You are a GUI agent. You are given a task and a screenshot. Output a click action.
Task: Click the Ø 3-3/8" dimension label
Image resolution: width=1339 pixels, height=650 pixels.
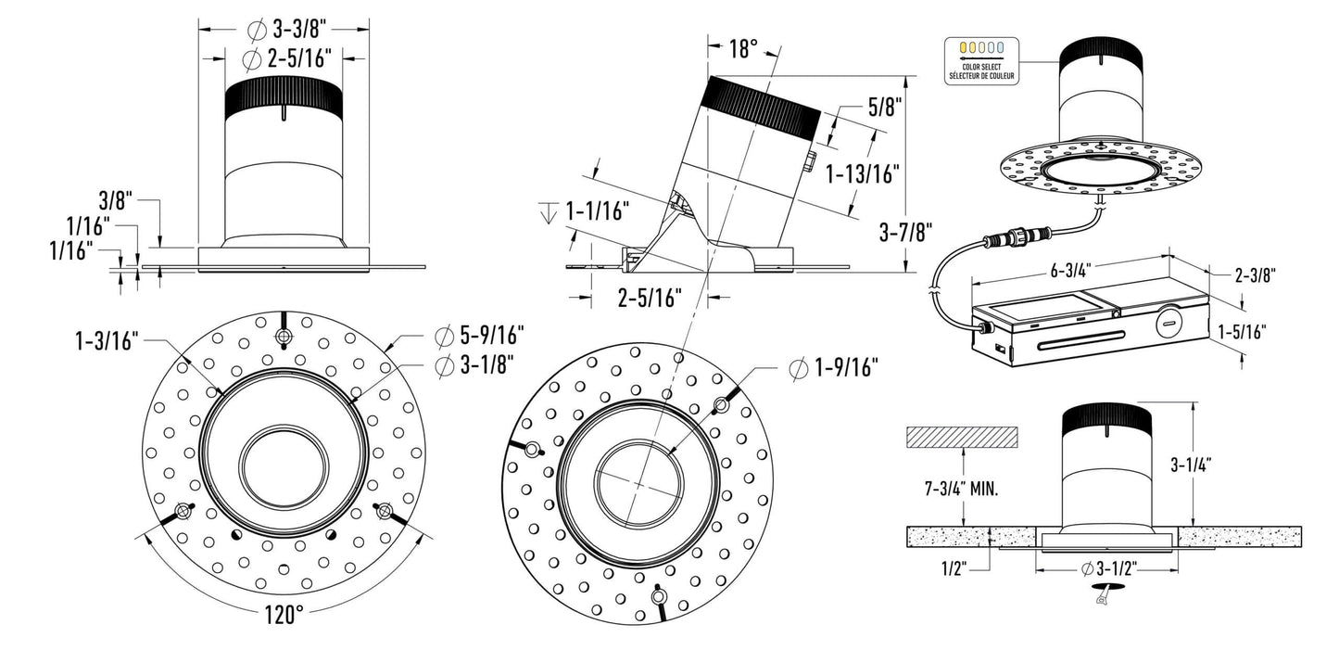pyautogui.click(x=284, y=29)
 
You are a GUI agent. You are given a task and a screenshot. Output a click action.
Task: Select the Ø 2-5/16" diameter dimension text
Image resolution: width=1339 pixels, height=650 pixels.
pyautogui.click(x=286, y=59)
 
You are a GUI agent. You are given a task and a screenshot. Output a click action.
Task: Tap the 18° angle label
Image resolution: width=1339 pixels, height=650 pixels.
pyautogui.click(x=743, y=49)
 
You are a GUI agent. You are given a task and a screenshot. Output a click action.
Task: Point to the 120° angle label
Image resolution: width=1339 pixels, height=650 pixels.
pyautogui.click(x=284, y=613)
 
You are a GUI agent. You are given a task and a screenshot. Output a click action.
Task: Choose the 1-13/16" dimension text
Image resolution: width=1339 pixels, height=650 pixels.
pyautogui.click(x=862, y=172)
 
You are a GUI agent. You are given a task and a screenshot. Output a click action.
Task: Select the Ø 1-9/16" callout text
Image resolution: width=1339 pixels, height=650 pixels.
pyautogui.click(x=833, y=368)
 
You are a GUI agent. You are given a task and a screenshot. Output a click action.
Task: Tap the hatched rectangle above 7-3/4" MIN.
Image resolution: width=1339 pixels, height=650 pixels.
pyautogui.click(x=962, y=435)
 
